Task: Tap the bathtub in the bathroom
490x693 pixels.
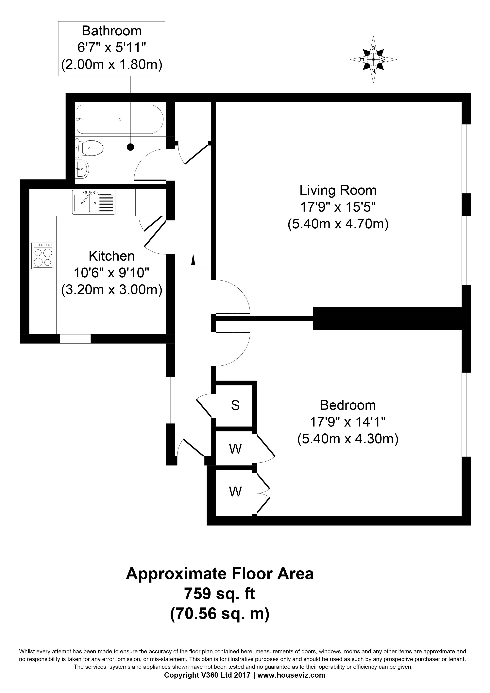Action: [x=120, y=119]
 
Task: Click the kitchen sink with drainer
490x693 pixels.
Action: [x=93, y=202]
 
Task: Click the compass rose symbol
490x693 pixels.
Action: [x=373, y=59]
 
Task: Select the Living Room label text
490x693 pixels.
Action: [x=338, y=190]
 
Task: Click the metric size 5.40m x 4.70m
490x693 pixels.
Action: [x=338, y=224]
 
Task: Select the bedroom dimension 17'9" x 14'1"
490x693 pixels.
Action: [x=348, y=422]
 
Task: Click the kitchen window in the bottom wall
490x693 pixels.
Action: [x=75, y=339]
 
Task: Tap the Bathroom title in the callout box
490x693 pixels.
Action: [x=112, y=31]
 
